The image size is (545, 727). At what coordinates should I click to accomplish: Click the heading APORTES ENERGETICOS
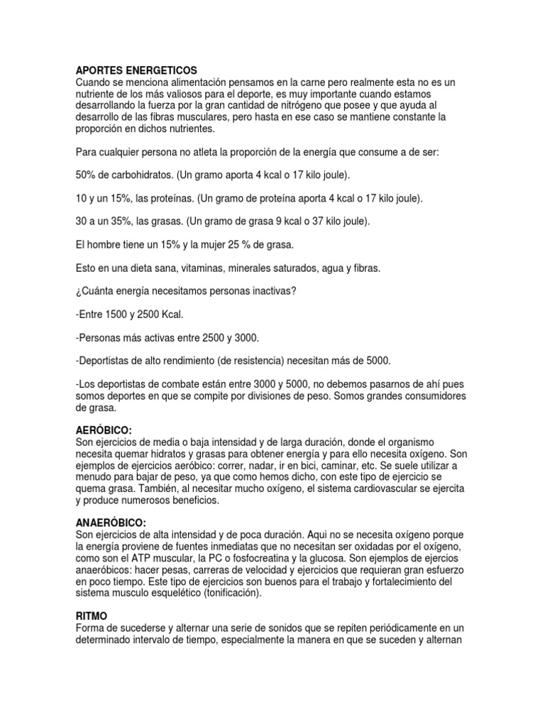[x=136, y=71]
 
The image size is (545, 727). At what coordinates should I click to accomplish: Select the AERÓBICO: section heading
[x=104, y=430]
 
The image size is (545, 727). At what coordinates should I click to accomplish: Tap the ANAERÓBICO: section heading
[x=110, y=523]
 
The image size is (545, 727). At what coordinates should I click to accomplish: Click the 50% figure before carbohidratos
[x=85, y=175]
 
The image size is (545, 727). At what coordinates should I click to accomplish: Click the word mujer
[x=196, y=245]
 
